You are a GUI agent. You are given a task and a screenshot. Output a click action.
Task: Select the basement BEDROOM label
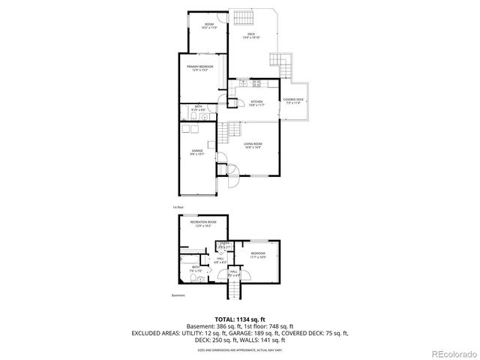click(x=258, y=255)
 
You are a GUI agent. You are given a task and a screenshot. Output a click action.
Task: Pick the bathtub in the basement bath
click(x=185, y=259)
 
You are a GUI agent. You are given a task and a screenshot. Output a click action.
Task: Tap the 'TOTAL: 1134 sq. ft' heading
click(x=240, y=319)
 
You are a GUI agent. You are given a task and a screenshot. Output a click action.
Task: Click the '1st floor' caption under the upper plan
click(x=178, y=206)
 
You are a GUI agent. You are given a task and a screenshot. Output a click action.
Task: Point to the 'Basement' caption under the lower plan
click(x=178, y=295)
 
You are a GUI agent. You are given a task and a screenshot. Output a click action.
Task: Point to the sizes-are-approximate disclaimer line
click(x=240, y=350)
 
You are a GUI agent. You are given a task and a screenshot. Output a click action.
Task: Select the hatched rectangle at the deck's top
click(x=243, y=19)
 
